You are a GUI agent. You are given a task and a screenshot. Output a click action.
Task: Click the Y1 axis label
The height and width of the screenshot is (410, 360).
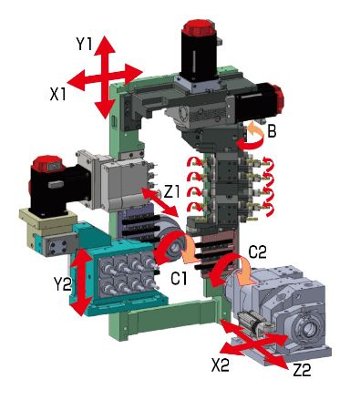84,45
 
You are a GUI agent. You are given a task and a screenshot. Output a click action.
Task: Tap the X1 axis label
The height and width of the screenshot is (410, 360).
57,95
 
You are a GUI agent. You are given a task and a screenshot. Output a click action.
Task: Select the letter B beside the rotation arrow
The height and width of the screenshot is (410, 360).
272,131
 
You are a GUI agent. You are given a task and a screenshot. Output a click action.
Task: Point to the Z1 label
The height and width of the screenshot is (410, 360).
171,192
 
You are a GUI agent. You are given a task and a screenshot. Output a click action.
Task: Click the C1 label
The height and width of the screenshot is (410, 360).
179,278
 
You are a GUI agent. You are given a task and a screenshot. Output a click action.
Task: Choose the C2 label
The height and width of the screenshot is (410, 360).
257,251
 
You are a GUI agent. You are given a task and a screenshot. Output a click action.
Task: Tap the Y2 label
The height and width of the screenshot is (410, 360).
62,284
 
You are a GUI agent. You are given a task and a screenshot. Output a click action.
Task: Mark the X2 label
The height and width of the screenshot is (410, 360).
221,365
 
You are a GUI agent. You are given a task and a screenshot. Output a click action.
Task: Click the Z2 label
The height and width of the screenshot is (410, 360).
302,370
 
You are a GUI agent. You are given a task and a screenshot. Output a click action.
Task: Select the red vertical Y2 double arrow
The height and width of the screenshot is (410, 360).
80,282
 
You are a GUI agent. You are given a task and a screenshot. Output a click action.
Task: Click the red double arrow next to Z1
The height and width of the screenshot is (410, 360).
160,202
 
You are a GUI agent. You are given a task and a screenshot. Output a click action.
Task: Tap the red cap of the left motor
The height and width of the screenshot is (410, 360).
46,163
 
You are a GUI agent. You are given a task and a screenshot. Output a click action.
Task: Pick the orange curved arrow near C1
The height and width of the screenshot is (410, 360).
189,251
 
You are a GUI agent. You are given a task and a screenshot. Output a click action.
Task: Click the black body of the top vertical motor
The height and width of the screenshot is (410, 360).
199,56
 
